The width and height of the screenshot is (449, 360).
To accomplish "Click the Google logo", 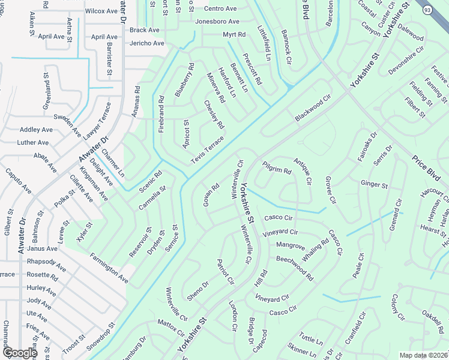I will pos(19,353).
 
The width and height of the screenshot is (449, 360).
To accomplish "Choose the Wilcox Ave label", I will pos(101,11).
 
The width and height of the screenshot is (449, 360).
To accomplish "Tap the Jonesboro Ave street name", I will pos(217,22).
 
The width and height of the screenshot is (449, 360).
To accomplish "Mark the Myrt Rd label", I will pos(234,35).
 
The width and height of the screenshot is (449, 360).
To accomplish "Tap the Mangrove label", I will pos(291,245).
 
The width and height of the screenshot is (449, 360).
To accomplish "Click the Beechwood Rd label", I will pos(295,268).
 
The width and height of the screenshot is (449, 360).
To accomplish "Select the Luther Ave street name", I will pos(33,143).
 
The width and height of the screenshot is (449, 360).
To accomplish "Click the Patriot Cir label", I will pos(225,272).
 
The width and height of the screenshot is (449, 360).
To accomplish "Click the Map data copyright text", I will pos(424,355).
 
